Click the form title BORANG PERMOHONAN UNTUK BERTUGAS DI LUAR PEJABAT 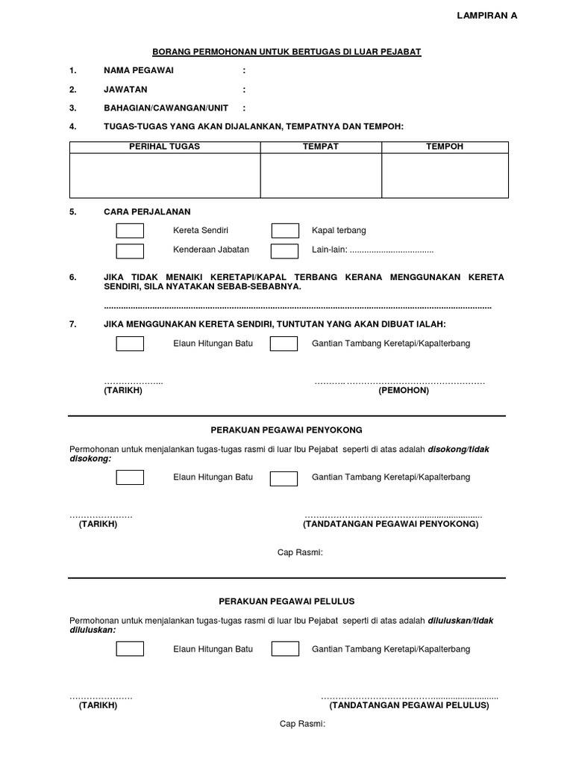click(287, 52)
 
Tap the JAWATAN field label click(125, 90)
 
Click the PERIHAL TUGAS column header click(165, 146)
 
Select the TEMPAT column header click(321, 146)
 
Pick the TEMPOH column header click(445, 146)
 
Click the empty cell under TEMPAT click(321, 176)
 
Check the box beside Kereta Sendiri click(130, 231)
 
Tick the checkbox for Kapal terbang click(284, 231)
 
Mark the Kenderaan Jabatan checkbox click(130, 250)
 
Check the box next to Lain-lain click(284, 250)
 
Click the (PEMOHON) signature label click(403, 391)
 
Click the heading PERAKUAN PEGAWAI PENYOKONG click(287, 430)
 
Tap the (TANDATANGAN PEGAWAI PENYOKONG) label click(391, 524)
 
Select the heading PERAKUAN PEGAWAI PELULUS click(287, 601)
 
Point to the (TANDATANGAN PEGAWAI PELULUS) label click(410, 705)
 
